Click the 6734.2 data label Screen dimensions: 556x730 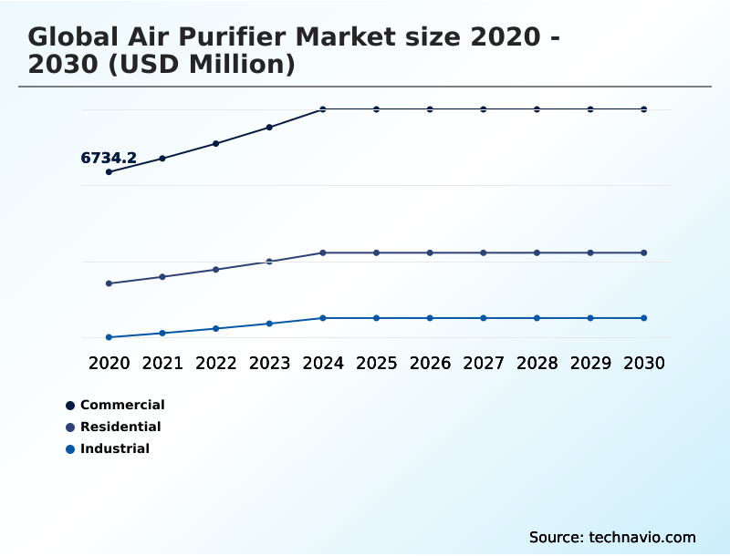click(109, 158)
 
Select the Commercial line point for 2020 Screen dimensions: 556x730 click(109, 171)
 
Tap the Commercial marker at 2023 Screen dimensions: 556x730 click(269, 127)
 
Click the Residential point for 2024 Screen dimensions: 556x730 click(323, 252)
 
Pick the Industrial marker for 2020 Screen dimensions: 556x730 click(109, 337)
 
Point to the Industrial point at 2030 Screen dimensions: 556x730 click(643, 318)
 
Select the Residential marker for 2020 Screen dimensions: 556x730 click(109, 283)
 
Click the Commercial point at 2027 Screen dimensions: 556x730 click(484, 109)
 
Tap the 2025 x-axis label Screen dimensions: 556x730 click(376, 363)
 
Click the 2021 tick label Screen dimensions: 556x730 click(162, 363)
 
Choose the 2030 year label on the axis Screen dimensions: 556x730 click(643, 363)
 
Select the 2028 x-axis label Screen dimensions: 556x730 click(537, 363)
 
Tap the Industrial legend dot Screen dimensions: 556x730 click(70, 448)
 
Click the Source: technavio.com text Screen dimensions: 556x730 click(612, 537)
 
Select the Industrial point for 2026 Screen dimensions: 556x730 click(430, 318)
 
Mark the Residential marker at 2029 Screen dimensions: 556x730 click(590, 252)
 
